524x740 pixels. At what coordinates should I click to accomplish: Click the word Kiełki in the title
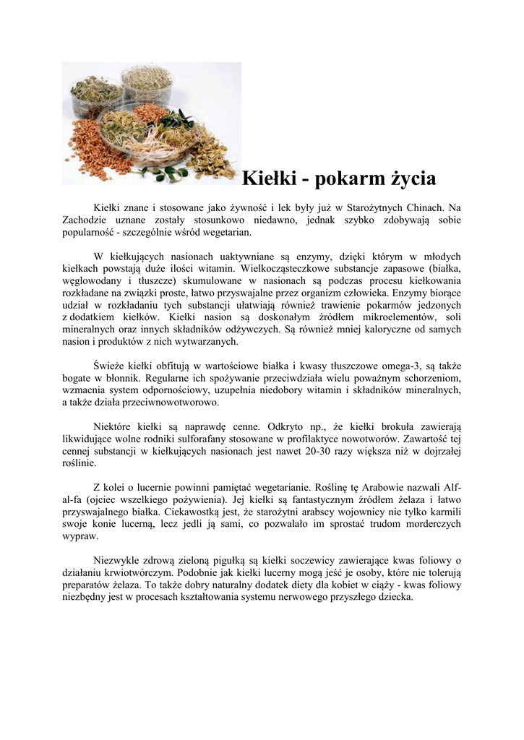(265, 177)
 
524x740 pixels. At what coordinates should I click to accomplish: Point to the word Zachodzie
(86, 220)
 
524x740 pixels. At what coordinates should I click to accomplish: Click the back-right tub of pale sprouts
(149, 83)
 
